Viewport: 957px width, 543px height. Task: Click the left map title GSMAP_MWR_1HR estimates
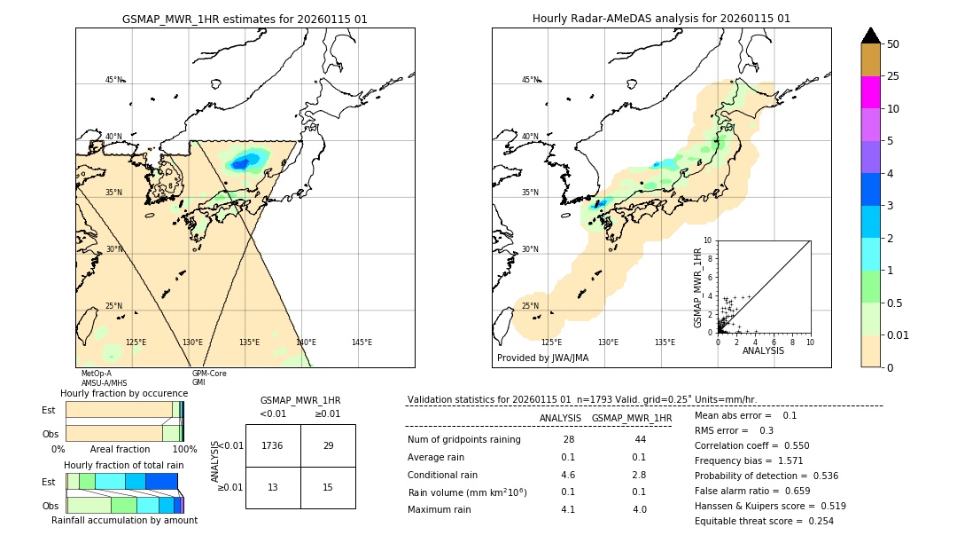(245, 19)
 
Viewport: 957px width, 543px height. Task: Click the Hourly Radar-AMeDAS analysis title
(661, 19)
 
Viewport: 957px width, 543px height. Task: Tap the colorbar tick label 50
(893, 44)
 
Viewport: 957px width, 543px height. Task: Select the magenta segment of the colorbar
(870, 92)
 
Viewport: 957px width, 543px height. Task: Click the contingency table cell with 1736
(273, 445)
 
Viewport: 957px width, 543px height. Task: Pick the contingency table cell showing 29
(328, 445)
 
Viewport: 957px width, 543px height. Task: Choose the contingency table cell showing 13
(273, 487)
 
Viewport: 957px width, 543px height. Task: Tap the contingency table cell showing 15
(328, 487)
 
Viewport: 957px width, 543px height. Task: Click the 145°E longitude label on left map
(362, 342)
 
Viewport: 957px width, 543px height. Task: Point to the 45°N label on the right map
(530, 80)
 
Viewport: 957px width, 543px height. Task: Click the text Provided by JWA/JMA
(542, 358)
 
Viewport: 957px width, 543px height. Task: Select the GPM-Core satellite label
(209, 374)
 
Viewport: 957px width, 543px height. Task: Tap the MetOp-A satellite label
(97, 374)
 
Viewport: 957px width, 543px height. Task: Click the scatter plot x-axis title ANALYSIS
(763, 350)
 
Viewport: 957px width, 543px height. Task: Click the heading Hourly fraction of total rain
(124, 465)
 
